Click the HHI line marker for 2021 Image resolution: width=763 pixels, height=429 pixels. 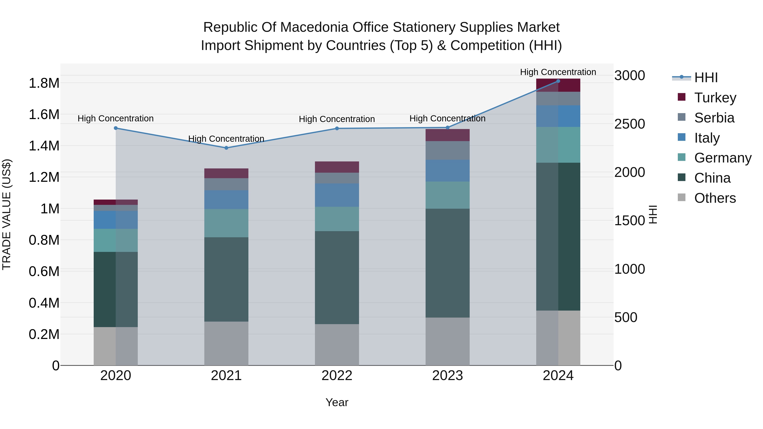226,148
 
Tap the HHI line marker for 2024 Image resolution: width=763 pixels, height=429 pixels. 558,81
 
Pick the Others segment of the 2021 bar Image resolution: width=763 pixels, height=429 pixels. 226,343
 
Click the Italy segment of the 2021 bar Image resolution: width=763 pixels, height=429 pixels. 226,200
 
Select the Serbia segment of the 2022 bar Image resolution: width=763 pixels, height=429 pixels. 337,178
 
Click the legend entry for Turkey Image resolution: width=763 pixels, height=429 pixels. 715,97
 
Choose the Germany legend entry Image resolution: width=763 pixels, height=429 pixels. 723,158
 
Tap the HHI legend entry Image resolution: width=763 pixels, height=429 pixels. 706,78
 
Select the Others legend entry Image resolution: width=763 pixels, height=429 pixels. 714,198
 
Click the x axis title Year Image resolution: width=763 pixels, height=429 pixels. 337,402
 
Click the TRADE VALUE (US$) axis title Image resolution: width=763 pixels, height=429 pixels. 7,214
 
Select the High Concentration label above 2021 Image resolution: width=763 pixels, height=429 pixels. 226,139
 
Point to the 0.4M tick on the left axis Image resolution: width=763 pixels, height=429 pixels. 44,303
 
